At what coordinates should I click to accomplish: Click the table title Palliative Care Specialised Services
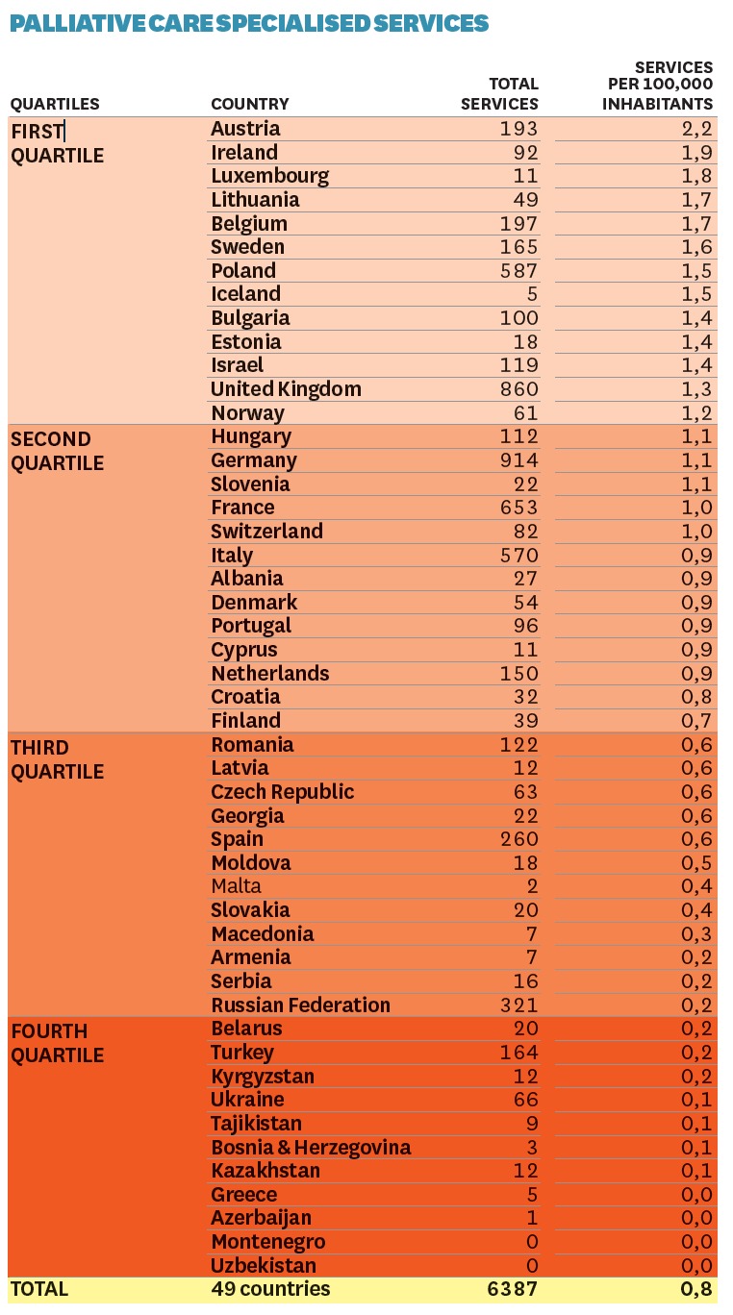click(x=249, y=23)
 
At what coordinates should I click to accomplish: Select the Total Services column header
click(x=499, y=94)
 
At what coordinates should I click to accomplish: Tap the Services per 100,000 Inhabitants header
click(x=658, y=86)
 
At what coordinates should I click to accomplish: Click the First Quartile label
click(x=57, y=142)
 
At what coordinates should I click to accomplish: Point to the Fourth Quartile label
click(x=57, y=1042)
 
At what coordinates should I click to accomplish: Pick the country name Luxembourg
click(x=269, y=176)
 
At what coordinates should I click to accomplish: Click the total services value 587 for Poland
click(x=519, y=270)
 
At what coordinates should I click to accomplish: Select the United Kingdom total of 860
click(x=519, y=388)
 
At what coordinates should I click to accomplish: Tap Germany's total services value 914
click(x=519, y=459)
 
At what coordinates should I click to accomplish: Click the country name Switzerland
click(x=266, y=531)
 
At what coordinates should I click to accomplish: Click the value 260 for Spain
click(x=519, y=838)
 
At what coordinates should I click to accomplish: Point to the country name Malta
click(x=236, y=885)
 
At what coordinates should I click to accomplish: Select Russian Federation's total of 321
click(x=519, y=1005)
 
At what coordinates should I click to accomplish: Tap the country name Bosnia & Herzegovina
click(x=311, y=1147)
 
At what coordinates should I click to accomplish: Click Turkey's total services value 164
click(x=519, y=1052)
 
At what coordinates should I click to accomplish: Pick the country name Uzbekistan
click(x=263, y=1265)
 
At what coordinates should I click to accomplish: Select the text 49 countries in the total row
click(x=270, y=1289)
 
